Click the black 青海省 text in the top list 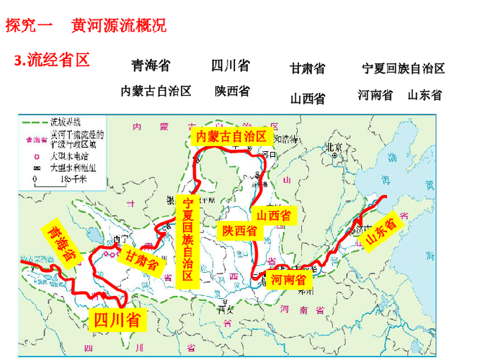151,66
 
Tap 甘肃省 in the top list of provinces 308,68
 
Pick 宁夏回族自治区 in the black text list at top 404,68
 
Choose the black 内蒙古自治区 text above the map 156,91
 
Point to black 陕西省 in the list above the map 232,91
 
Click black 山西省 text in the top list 308,98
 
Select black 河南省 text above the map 375,94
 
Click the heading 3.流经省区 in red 52,60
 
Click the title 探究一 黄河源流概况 86,26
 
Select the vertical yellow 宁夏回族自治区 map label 188,242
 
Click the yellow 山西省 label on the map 274,215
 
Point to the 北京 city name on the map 334,148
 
